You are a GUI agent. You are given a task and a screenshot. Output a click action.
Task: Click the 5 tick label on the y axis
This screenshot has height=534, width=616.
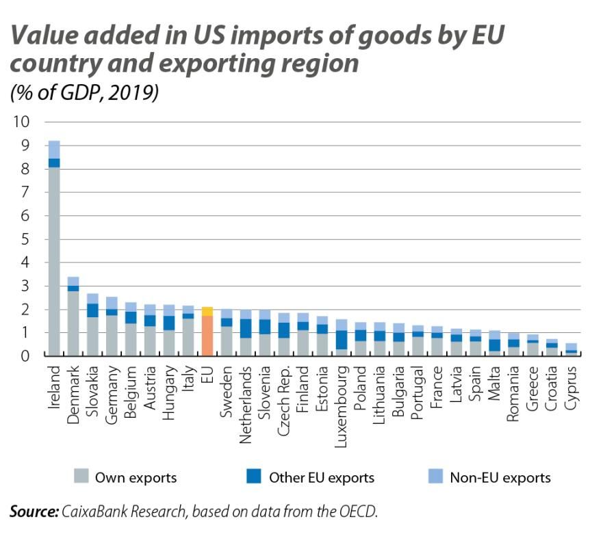[26, 239]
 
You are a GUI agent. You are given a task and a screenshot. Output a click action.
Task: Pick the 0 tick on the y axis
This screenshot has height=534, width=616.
[26, 356]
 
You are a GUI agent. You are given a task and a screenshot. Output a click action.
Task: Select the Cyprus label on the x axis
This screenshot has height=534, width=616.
[572, 387]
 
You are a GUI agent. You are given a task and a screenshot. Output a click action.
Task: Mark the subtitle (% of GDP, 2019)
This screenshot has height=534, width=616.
[84, 92]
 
